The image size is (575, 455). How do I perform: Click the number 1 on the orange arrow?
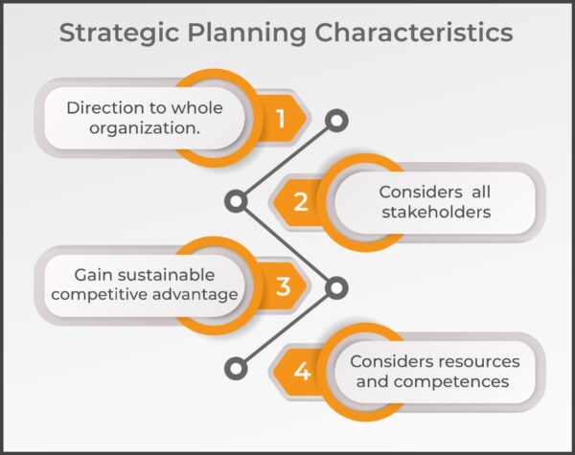click(x=281, y=119)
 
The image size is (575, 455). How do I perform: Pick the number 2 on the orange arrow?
click(x=301, y=202)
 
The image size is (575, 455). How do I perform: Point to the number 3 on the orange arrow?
click(x=283, y=285)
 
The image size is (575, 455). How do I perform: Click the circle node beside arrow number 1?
click(x=336, y=121)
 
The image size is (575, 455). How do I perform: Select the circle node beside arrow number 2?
click(x=235, y=202)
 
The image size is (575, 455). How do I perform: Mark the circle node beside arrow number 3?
click(x=336, y=285)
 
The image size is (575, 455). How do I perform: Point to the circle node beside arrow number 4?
click(x=235, y=368)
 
